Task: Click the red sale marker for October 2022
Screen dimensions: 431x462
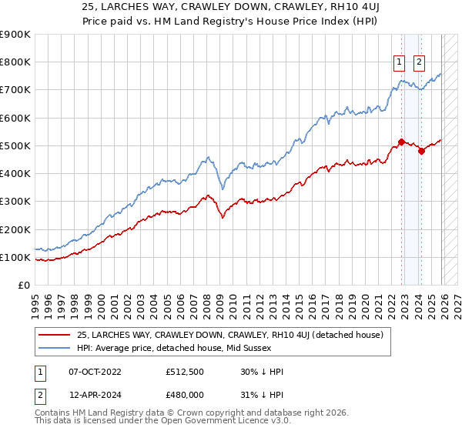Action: point(401,142)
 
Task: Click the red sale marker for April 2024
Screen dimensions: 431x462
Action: point(421,151)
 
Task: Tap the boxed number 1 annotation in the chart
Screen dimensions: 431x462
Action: point(400,63)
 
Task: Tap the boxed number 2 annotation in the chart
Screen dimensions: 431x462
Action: point(419,63)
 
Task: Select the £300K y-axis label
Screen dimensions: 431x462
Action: point(15,202)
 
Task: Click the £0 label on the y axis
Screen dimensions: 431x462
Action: point(22,286)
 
